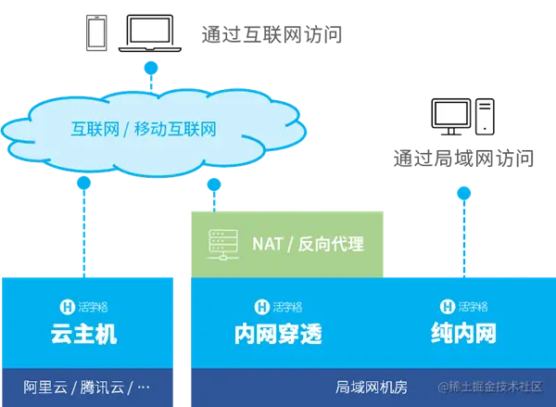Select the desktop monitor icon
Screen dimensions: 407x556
[452, 115]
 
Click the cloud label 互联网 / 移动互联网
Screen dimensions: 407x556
[144, 128]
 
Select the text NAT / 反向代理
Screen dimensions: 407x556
[308, 245]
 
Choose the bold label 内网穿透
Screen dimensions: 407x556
[278, 334]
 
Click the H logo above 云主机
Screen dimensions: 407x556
[66, 305]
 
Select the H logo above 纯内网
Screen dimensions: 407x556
[447, 305]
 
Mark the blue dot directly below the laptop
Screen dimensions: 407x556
[150, 67]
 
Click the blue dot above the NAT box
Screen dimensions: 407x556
[214, 185]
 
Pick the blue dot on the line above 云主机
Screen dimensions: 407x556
[84, 184]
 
